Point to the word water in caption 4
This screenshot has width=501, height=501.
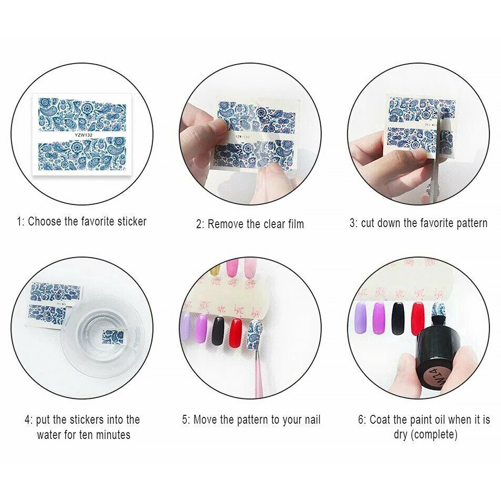pos(51,434)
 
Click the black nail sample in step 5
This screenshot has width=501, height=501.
pos(217,331)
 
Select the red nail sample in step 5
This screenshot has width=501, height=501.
pos(235,333)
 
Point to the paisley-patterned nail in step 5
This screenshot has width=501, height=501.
pos(256,337)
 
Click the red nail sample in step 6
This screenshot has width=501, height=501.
pos(418,318)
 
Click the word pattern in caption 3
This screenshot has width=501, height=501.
pos(468,223)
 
